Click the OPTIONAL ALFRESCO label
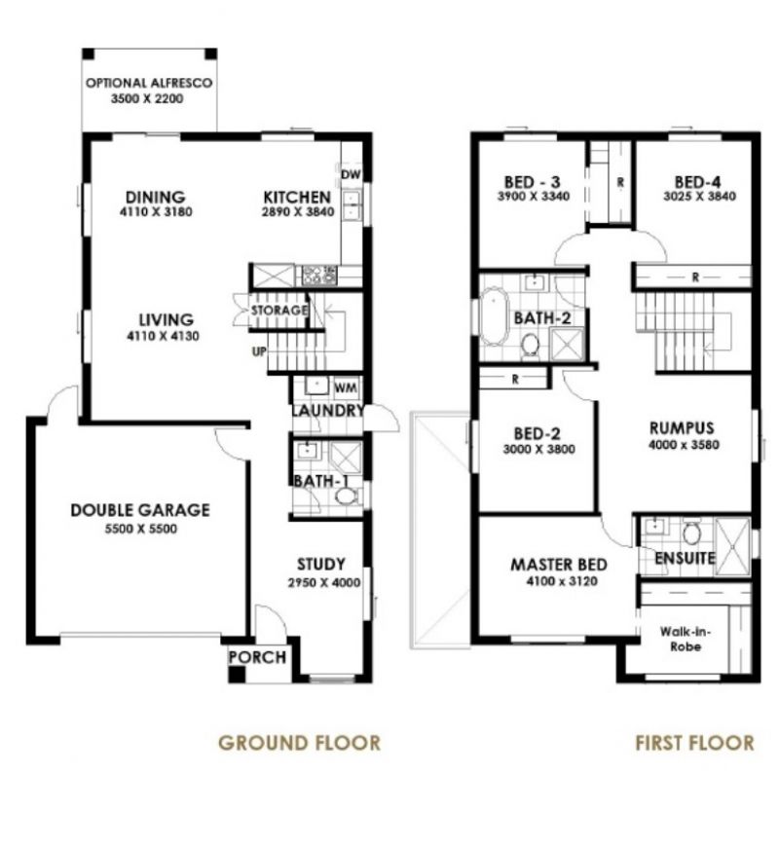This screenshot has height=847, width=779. (149, 84)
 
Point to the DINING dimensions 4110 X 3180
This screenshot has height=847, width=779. (148, 211)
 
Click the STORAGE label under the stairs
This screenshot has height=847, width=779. (279, 311)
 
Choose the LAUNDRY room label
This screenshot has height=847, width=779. (328, 411)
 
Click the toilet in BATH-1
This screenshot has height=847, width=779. (345, 496)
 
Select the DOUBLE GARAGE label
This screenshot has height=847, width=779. (140, 510)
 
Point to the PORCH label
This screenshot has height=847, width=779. (258, 657)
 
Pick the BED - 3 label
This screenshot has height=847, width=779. (532, 182)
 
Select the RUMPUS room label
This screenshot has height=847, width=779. (683, 427)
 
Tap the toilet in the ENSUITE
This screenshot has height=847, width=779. (692, 533)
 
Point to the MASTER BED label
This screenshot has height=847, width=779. (559, 565)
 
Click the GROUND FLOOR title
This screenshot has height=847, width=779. (299, 743)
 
